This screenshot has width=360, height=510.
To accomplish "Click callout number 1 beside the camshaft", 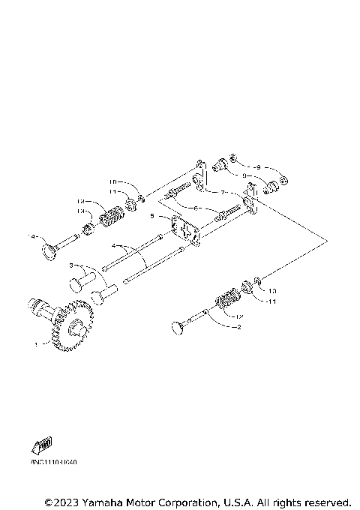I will tap(35, 344).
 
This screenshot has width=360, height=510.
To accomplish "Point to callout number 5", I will tap(153, 216).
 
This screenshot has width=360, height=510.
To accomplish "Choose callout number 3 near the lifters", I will tap(72, 265).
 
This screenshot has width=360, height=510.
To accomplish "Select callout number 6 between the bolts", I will tap(196, 207).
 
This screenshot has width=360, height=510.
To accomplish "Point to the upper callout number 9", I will tap(257, 166).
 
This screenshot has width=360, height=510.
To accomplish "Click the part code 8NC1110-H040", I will tap(55, 462).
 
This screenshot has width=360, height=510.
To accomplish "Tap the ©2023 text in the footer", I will tap(61, 501).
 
